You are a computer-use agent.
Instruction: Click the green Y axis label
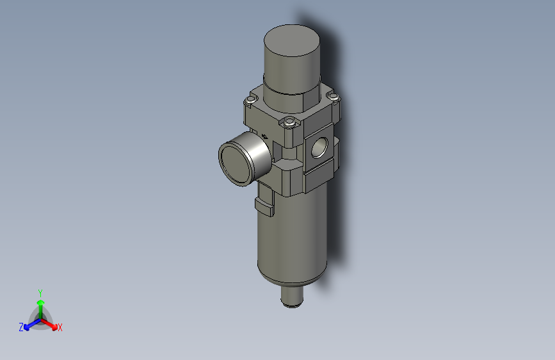[40, 291]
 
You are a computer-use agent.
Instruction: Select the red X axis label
[60, 327]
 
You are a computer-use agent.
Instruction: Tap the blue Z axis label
[21, 327]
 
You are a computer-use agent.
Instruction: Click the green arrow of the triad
[40, 304]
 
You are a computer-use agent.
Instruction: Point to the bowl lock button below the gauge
[264, 206]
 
